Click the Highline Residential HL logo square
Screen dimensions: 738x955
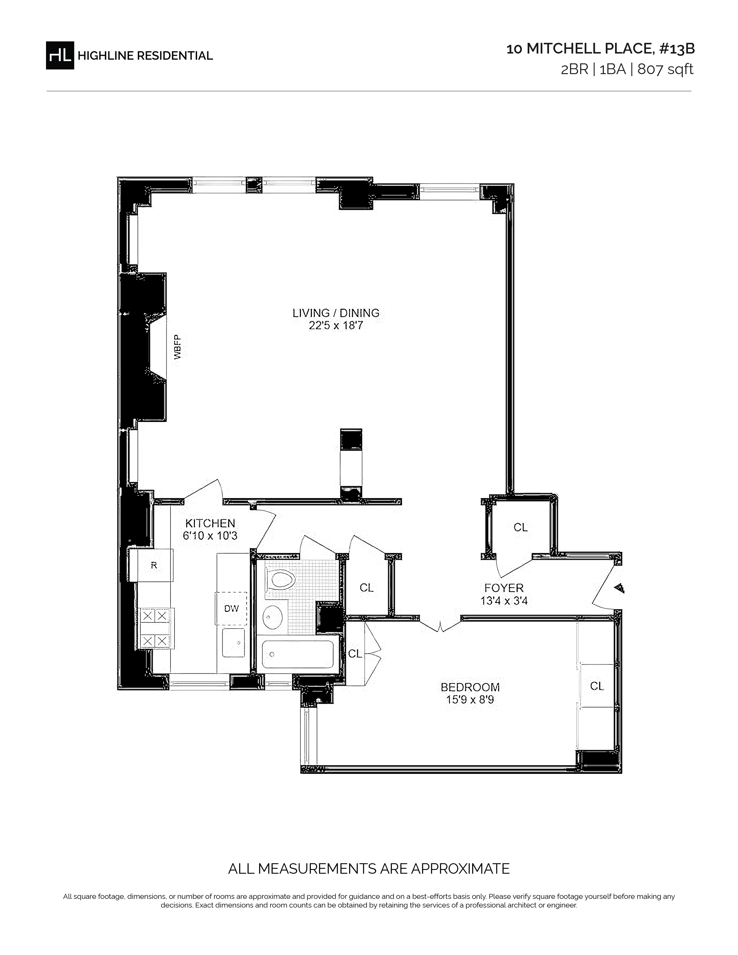coord(60,55)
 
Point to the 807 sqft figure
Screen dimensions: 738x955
coord(665,69)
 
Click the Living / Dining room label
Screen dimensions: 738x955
coord(336,313)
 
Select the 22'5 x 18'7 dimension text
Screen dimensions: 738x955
coord(336,326)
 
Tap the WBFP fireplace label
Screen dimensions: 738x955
coord(177,347)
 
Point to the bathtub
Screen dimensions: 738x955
coord(298,654)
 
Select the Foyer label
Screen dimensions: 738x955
coord(504,588)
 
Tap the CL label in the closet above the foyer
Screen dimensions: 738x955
coord(520,527)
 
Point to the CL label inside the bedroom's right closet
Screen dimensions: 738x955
coord(596,686)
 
